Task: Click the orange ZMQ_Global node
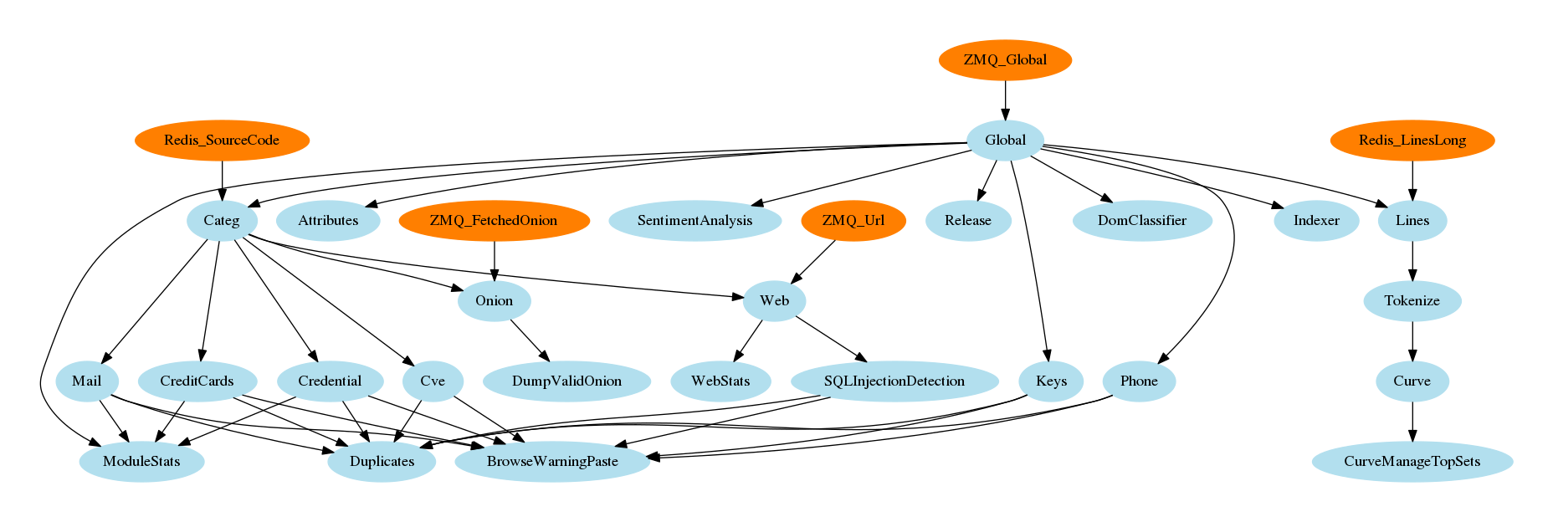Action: coord(1005,60)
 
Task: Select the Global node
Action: coord(1005,141)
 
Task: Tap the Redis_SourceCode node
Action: coord(222,141)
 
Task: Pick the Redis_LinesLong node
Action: coord(1412,141)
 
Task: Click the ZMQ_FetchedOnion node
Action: coord(494,221)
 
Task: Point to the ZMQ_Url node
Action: coord(853,221)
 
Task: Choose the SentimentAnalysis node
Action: coord(694,221)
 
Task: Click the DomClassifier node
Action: coord(1142,221)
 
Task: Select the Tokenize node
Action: coord(1412,301)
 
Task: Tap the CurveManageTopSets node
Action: coord(1412,462)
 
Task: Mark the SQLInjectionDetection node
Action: coord(894,381)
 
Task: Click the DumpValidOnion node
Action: coord(566,381)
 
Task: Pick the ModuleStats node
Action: coord(141,462)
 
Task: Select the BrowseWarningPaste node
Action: coord(552,462)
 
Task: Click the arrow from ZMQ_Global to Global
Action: coord(1005,100)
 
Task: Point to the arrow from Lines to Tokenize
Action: coord(1412,261)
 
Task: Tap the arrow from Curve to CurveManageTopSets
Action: coord(1412,422)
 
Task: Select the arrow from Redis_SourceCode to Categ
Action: coord(222,181)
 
